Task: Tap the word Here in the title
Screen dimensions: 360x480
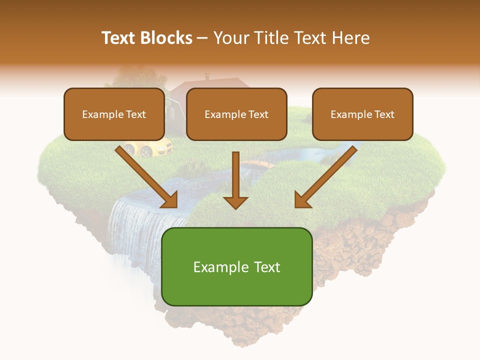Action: (x=349, y=38)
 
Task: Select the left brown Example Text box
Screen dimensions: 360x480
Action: (x=114, y=114)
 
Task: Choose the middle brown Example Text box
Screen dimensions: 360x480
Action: (x=236, y=114)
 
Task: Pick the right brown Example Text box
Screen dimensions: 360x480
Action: (x=362, y=114)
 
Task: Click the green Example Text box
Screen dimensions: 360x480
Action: (x=236, y=267)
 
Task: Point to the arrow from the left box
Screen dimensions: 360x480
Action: (x=145, y=175)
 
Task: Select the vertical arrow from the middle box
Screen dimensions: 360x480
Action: (x=235, y=180)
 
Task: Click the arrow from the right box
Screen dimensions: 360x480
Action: (x=327, y=175)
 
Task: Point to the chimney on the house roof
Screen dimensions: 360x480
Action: (x=207, y=77)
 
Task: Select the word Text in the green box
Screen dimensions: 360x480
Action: (x=267, y=267)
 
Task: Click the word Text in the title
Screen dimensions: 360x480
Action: (x=120, y=38)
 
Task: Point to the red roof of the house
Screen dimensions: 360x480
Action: (x=220, y=84)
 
